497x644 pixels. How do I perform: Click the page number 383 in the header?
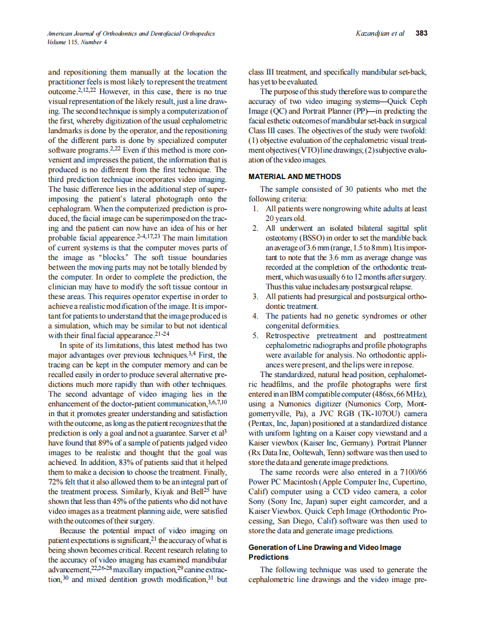pos(421,33)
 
